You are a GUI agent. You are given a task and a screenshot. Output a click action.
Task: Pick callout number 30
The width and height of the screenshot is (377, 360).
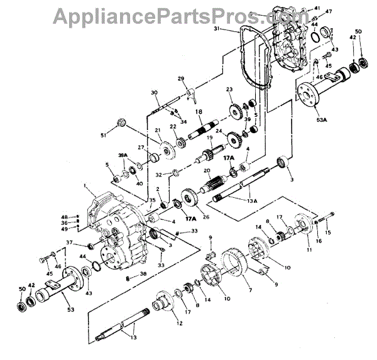click(x=154, y=94)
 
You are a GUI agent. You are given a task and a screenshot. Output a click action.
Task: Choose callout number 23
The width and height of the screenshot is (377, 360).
click(x=230, y=90)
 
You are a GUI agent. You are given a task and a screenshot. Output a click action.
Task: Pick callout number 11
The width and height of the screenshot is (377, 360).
click(x=308, y=250)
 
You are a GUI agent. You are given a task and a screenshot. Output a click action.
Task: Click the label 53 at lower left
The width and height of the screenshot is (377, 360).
click(x=69, y=308)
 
